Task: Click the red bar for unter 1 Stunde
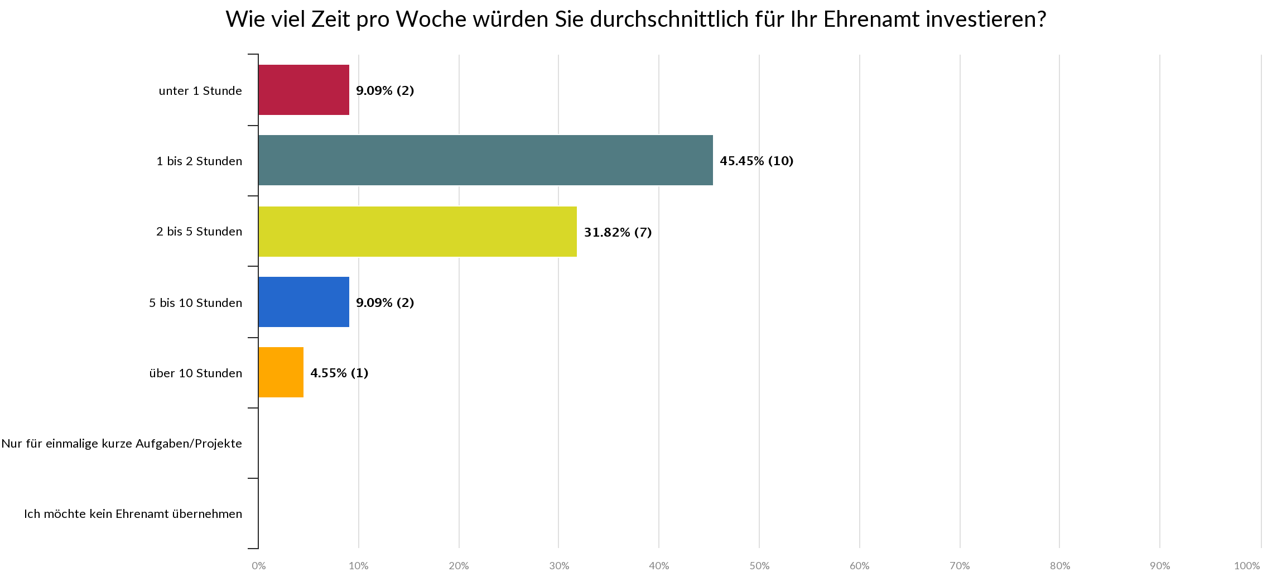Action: coord(303,90)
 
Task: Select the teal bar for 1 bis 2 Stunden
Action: coord(485,160)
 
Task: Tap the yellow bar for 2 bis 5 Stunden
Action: coord(417,232)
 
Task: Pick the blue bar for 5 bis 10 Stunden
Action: coord(303,302)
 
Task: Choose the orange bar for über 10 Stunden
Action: coord(281,372)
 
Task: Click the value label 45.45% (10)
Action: coord(756,161)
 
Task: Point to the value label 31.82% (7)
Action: coord(618,232)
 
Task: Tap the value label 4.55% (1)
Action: coord(339,373)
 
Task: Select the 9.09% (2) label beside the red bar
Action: coord(385,90)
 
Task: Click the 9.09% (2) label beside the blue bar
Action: coord(385,302)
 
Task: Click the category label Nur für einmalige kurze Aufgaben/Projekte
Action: coord(122,444)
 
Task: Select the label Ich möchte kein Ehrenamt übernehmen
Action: coord(133,514)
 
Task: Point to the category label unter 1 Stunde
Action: coord(200,91)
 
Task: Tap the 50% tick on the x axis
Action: coord(759,566)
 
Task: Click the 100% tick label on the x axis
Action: coord(1247,566)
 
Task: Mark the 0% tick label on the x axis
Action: coord(258,566)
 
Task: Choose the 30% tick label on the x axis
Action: coord(559,566)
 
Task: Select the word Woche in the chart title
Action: coord(431,20)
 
